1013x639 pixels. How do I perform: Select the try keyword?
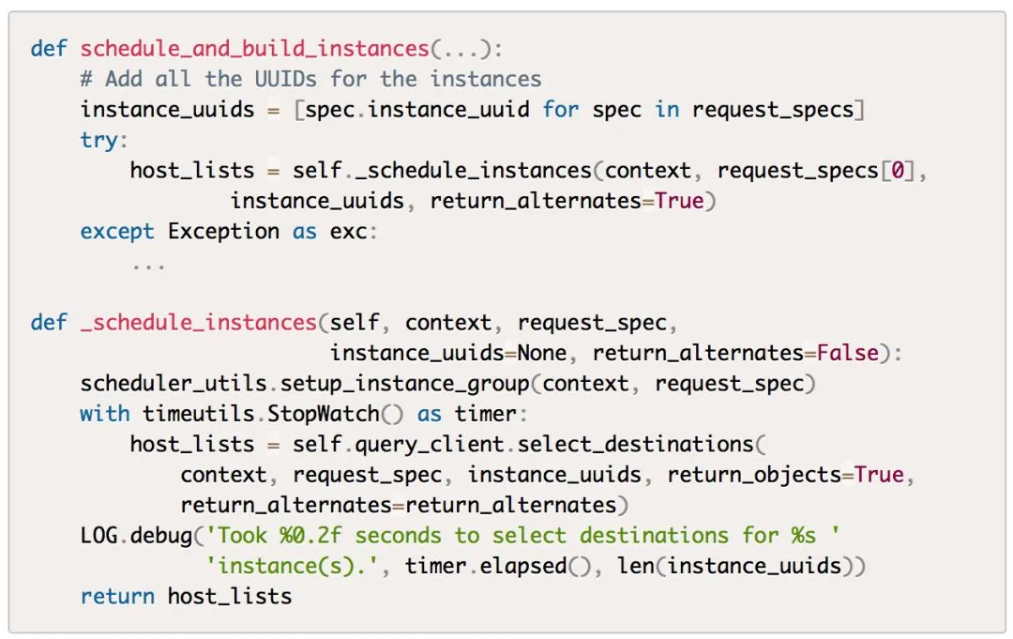98,140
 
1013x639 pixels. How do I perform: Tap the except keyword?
117,231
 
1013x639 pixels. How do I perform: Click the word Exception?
223,231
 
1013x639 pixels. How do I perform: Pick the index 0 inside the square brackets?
896,171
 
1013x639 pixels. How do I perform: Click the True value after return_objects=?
879,475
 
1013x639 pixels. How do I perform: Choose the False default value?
847,353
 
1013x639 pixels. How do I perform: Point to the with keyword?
104,414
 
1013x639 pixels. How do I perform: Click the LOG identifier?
98,536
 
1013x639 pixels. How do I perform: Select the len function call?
635,566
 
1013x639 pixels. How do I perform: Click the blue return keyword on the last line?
117,596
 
